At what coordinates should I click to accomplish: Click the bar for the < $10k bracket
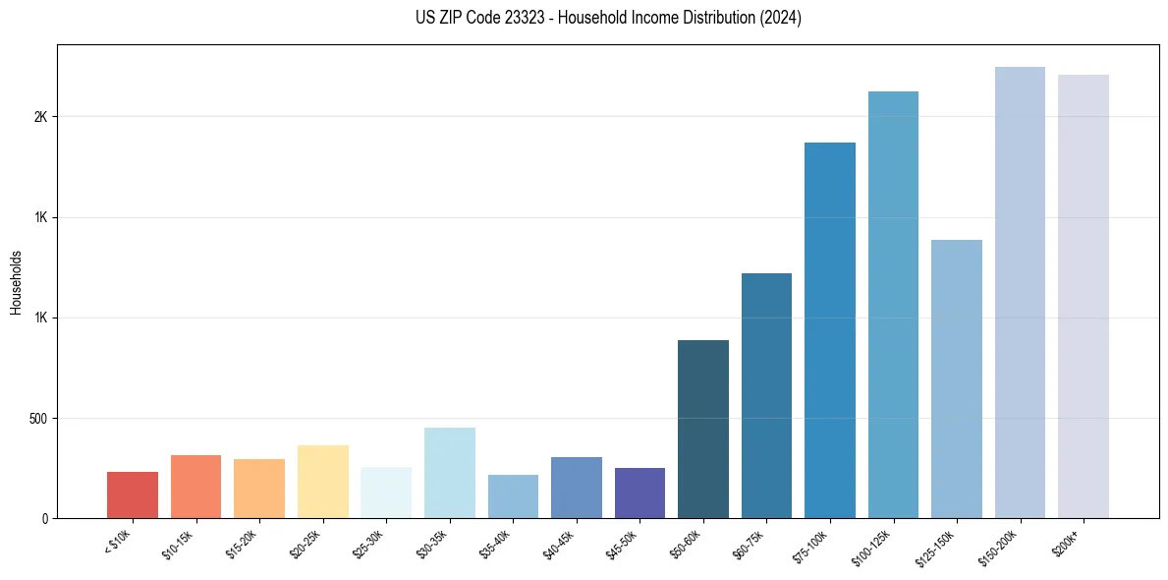point(133,495)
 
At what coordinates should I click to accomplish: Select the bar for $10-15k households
point(195,487)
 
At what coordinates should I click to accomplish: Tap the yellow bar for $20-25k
point(323,482)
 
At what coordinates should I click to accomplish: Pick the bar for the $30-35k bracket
point(450,473)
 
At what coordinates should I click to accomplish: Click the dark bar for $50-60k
point(703,430)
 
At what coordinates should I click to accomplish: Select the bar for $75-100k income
point(830,330)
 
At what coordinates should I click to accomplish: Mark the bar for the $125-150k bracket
point(957,379)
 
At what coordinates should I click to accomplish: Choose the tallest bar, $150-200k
point(1020,293)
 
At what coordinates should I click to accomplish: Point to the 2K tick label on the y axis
point(40,117)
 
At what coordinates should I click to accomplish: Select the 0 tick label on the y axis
point(43,519)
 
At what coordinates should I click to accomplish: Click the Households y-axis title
point(16,282)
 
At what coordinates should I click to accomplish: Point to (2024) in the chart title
point(781,19)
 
